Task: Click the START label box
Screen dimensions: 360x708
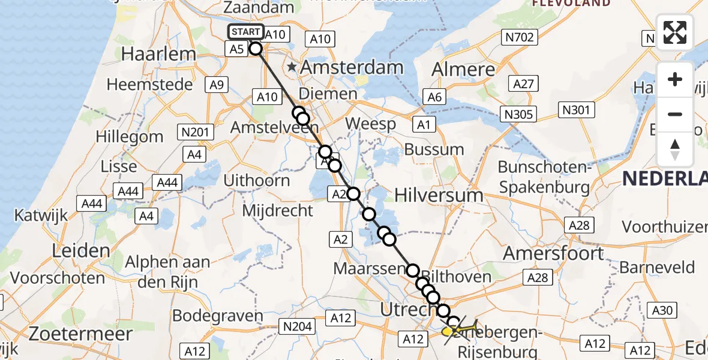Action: click(245, 32)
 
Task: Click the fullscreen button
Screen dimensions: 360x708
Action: click(675, 32)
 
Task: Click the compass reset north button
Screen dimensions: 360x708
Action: click(675, 149)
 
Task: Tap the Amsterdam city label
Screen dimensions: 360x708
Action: click(351, 67)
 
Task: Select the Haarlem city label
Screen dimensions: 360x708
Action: click(158, 54)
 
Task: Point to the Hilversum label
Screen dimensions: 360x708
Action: click(439, 195)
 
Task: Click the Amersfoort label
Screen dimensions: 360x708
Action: click(553, 253)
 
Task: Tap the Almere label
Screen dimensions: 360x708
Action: click(464, 70)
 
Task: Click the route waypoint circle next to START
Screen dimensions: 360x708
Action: click(256, 49)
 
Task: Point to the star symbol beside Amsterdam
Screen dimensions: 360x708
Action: click(292, 67)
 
